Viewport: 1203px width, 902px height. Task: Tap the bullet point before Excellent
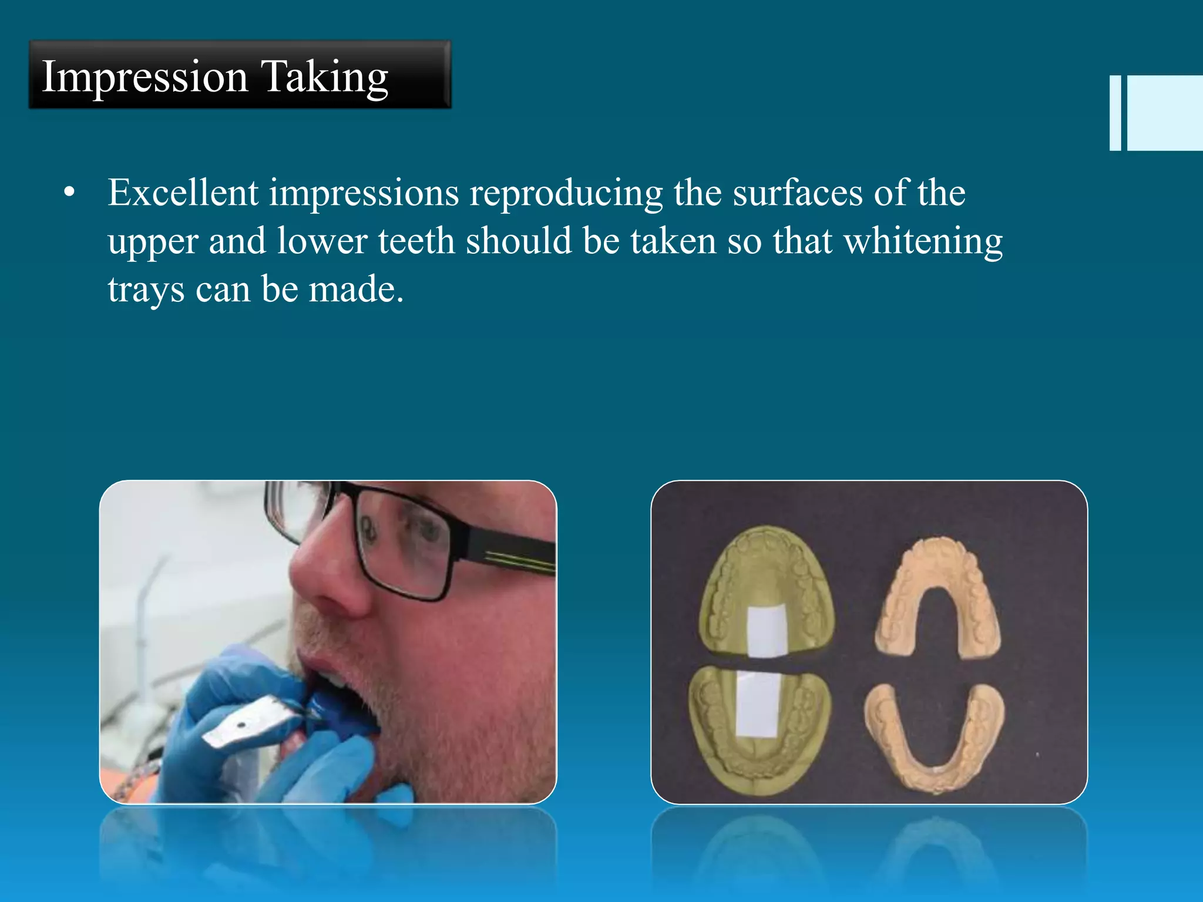click(69, 193)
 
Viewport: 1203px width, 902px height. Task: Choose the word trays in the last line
click(146, 290)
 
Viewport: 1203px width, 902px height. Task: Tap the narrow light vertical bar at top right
click(1115, 113)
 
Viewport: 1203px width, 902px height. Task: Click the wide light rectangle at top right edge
click(1165, 113)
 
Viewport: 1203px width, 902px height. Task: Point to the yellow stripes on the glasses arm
click(520, 560)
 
